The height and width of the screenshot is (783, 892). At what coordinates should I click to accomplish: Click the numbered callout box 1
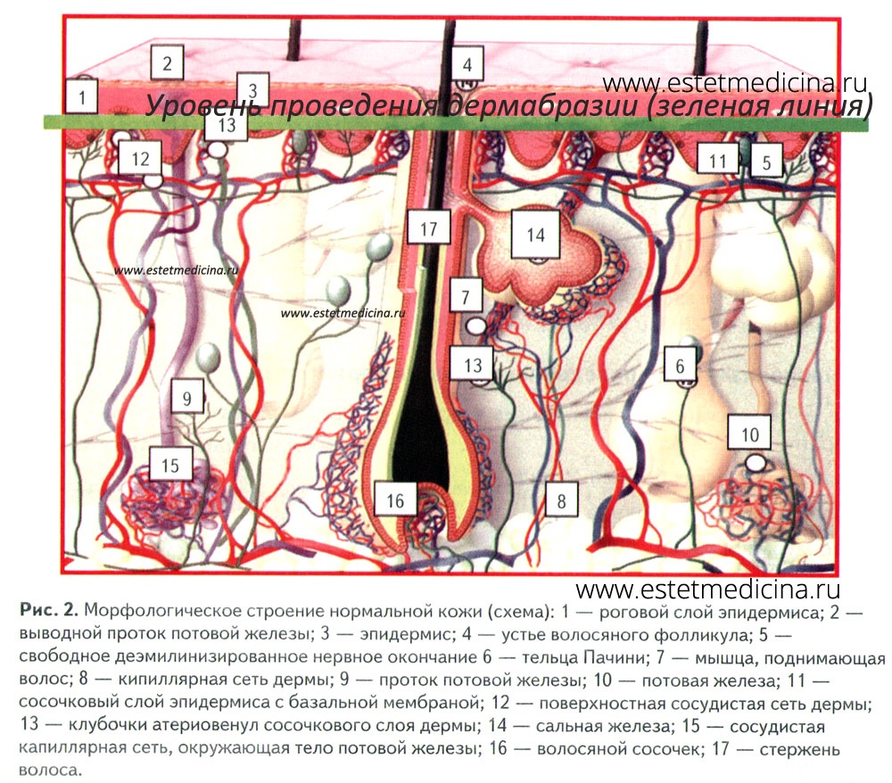(x=82, y=96)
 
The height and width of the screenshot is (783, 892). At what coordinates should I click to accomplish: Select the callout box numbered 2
(x=167, y=62)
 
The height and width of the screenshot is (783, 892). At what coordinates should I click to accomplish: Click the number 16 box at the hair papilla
(x=395, y=499)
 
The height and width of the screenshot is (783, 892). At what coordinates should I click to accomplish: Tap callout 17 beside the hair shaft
(x=428, y=227)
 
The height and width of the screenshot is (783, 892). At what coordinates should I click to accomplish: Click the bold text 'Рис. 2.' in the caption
(x=49, y=610)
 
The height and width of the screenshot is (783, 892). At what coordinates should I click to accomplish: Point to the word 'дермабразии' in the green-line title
(x=543, y=106)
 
